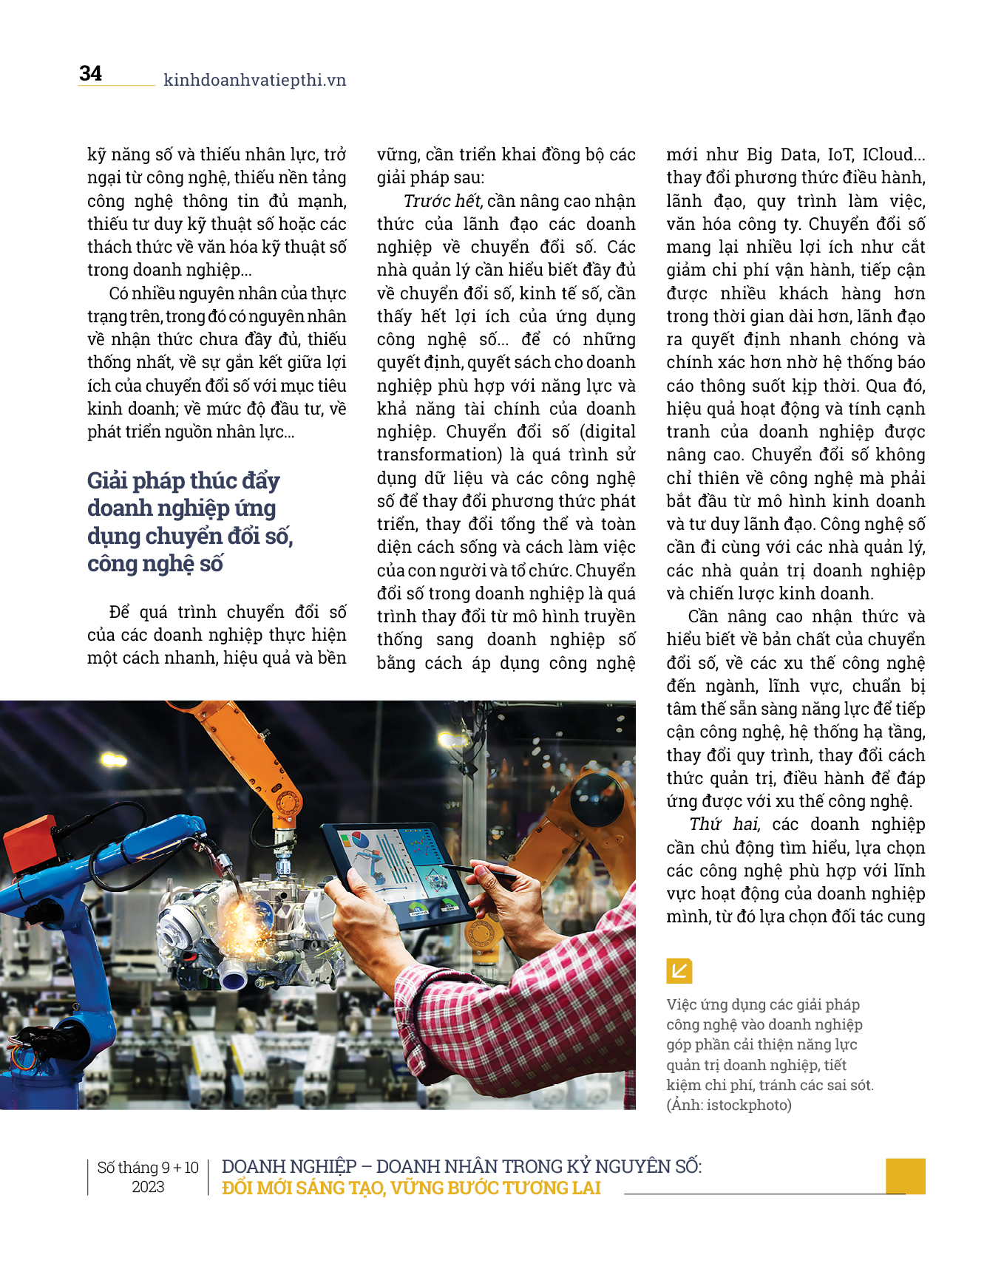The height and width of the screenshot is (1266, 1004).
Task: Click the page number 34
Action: tap(90, 73)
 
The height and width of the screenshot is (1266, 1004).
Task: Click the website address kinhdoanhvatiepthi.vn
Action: tap(254, 80)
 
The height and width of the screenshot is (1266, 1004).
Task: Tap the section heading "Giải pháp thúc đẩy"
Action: tap(183, 480)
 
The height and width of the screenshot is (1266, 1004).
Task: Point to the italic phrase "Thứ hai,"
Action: tap(725, 824)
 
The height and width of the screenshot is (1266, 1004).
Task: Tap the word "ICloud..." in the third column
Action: tap(894, 154)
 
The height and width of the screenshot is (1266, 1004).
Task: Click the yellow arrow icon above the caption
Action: tap(679, 970)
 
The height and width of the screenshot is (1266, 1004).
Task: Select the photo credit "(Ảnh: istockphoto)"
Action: tap(728, 1105)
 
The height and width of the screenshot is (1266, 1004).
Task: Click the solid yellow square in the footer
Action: tap(905, 1175)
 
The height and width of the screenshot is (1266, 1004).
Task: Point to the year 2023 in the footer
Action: tap(148, 1187)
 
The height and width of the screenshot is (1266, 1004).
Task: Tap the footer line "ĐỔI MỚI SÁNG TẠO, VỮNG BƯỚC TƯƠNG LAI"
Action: tap(411, 1188)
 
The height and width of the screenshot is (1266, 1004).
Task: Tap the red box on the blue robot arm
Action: tap(30, 835)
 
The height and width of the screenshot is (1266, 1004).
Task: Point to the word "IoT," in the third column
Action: tap(839, 154)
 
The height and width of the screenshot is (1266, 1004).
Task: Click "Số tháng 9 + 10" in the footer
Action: tap(148, 1168)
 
